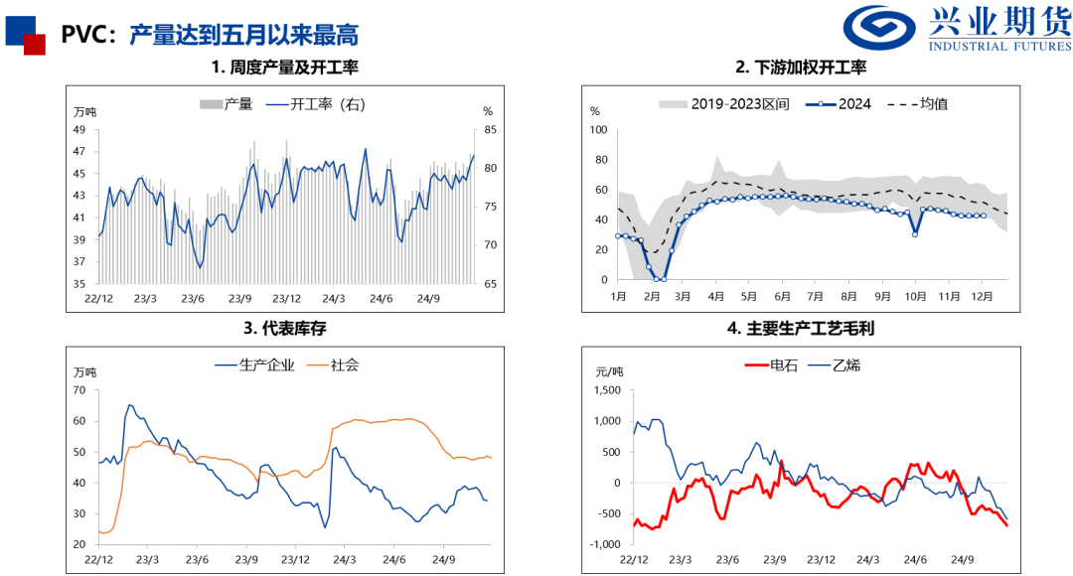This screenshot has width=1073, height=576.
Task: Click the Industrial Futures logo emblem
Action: coord(883,29)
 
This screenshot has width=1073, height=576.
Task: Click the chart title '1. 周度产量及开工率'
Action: coord(284,68)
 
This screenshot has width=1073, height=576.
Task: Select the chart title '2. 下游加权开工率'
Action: coord(801,68)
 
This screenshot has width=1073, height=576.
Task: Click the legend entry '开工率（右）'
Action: coord(315,103)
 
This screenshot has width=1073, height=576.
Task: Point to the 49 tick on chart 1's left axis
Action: coord(79,129)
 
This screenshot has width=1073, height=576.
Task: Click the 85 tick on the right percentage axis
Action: coord(489,129)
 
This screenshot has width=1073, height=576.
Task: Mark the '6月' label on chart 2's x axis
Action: coord(781,296)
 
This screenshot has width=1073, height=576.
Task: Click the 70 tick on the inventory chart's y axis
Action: coord(79,390)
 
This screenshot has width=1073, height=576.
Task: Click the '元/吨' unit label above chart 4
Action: coord(609,371)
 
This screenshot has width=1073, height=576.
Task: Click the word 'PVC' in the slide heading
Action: coord(82,36)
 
